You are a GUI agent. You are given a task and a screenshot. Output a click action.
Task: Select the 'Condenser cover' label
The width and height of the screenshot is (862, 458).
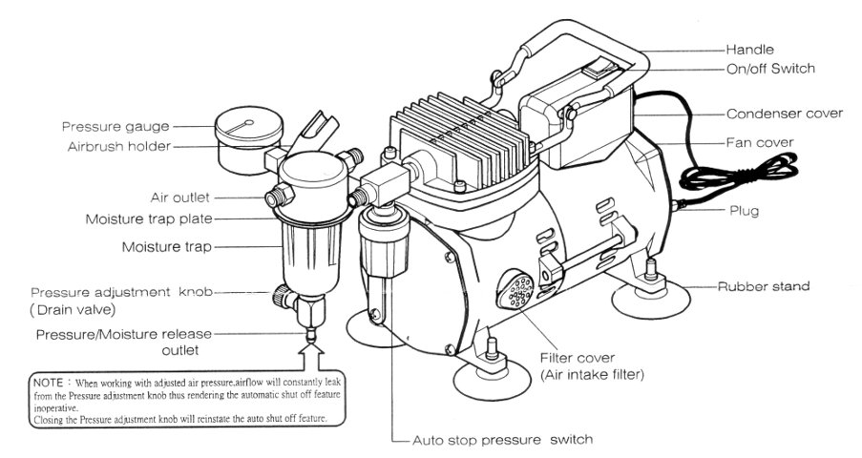(x=785, y=113)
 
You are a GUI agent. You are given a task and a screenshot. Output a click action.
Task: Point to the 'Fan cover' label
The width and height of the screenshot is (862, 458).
(x=760, y=142)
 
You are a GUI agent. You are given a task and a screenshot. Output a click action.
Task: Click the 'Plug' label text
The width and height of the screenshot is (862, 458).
(x=745, y=210)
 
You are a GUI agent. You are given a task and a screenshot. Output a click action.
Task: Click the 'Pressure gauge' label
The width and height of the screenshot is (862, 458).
(x=116, y=126)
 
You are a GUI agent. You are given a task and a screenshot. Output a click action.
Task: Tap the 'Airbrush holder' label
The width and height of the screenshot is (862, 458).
(x=119, y=147)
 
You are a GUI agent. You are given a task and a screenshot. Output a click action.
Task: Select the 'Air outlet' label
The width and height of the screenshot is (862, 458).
(x=181, y=198)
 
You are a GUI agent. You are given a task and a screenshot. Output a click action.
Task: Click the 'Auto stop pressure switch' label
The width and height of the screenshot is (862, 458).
(x=502, y=440)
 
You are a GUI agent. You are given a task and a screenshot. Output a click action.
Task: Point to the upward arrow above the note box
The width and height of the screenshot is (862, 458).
(x=311, y=361)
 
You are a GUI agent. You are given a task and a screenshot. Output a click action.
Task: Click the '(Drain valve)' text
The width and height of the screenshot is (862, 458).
(x=71, y=311)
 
